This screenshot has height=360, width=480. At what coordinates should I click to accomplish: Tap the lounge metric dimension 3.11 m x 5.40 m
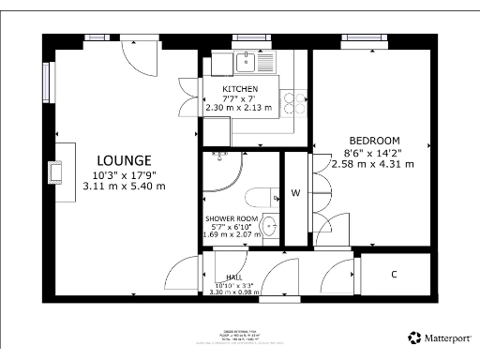[124, 186]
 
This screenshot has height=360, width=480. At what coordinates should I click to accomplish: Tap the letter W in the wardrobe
[295, 194]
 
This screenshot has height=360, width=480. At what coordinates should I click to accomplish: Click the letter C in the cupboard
[394, 274]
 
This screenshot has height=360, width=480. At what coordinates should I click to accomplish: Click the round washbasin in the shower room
[269, 225]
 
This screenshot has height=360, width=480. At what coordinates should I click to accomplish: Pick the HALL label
[234, 278]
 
